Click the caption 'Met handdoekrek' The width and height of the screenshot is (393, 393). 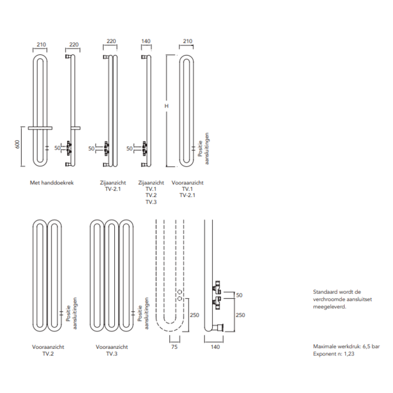(52, 182)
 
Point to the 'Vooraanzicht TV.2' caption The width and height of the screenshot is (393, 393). (48, 351)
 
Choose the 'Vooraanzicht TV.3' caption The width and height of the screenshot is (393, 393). (112, 351)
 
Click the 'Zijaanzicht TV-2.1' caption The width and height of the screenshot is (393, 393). (112, 185)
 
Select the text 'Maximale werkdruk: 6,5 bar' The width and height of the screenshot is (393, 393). (346, 346)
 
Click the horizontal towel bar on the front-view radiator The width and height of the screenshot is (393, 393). (41, 128)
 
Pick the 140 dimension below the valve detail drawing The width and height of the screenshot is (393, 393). (215, 348)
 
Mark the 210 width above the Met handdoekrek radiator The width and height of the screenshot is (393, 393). (41, 44)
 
